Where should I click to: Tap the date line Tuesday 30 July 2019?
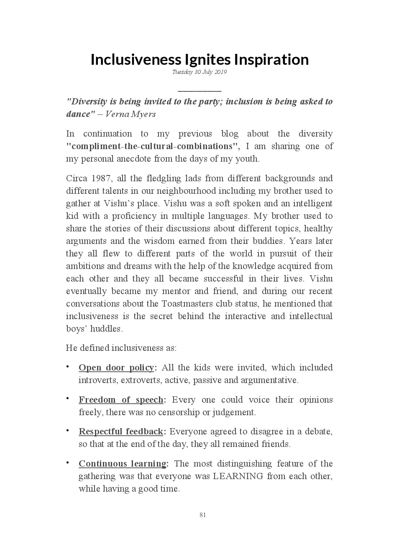click(199, 72)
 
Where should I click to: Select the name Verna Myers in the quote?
click(130, 114)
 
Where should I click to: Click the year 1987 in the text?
click(100, 178)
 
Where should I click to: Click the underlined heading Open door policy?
click(116, 368)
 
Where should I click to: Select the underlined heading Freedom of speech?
click(121, 400)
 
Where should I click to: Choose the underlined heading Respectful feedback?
click(121, 431)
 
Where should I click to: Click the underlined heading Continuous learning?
click(122, 464)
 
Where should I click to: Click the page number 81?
click(203, 515)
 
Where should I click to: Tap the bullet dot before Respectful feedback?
click(68, 430)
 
